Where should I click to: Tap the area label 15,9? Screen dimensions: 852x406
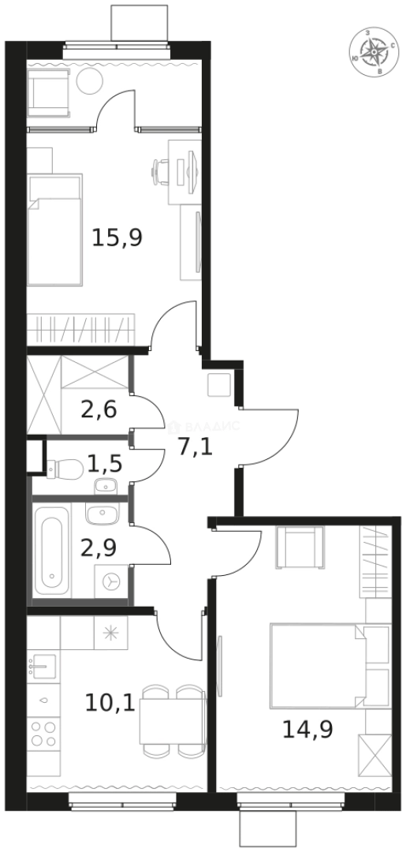click(117, 237)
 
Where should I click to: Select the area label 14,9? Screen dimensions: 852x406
click(307, 728)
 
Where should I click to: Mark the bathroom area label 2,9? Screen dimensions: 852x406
click(100, 547)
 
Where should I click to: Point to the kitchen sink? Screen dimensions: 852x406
click(41, 667)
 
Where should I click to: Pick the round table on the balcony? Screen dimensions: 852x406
click(88, 80)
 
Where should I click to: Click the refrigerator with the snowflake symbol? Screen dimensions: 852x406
click(109, 632)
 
